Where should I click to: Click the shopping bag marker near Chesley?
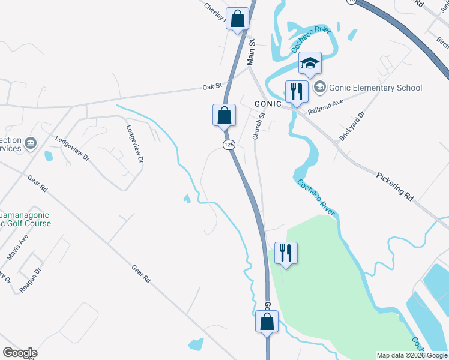[x=238, y=19]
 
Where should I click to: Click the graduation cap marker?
[x=310, y=64]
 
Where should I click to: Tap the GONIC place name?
[x=268, y=104]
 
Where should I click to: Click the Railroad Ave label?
[x=325, y=107]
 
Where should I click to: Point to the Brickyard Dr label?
[x=352, y=126]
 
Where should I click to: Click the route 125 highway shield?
[x=229, y=145]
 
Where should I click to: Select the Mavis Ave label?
[x=17, y=247]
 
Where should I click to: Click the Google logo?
[x=20, y=353]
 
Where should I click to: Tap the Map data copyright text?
[x=412, y=356]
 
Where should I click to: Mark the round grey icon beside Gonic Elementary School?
[x=319, y=88]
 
